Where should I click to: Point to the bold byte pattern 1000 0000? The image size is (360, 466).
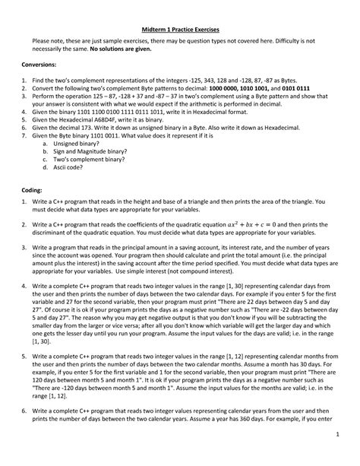[225, 90]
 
